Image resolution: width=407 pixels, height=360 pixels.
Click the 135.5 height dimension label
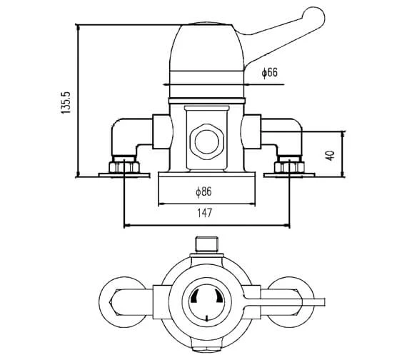pos(66,102)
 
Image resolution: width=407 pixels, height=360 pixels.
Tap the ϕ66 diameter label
pos(270,72)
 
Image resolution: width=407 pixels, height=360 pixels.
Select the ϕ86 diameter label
pos(203,191)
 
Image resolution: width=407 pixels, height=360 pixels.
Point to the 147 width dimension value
pos(205,213)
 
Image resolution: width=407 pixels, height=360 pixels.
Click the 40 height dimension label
pos(330,155)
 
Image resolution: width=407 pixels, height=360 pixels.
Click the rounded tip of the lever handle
pos(315,16)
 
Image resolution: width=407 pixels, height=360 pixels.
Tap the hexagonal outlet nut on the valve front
pos(207,142)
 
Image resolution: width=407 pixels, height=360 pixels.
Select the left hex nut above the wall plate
pos(124,166)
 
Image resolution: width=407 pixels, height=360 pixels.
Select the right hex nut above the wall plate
pos(289,166)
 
